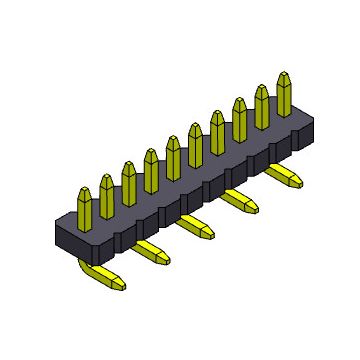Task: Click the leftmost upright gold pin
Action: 83,204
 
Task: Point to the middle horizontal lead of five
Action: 197,225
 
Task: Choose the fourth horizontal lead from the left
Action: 241,200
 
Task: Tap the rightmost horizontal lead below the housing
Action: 284,175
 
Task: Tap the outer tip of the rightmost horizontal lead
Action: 298,180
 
